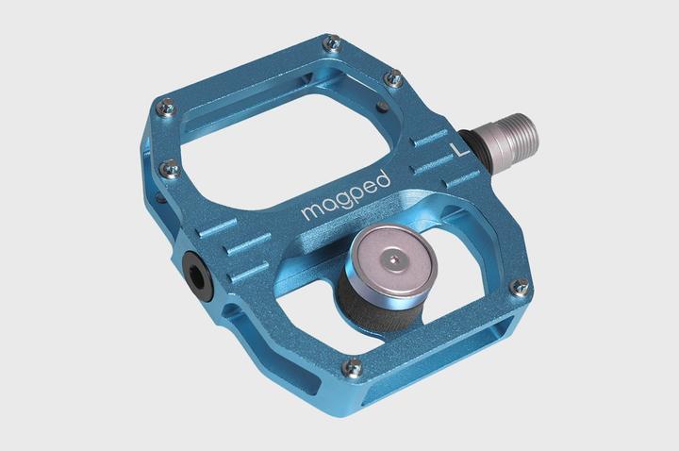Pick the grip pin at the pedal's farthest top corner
[x=331, y=42]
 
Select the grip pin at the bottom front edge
[x=353, y=366]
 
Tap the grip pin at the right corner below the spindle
[x=518, y=286]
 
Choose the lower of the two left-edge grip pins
[x=170, y=169]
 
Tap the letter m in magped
[x=310, y=211]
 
